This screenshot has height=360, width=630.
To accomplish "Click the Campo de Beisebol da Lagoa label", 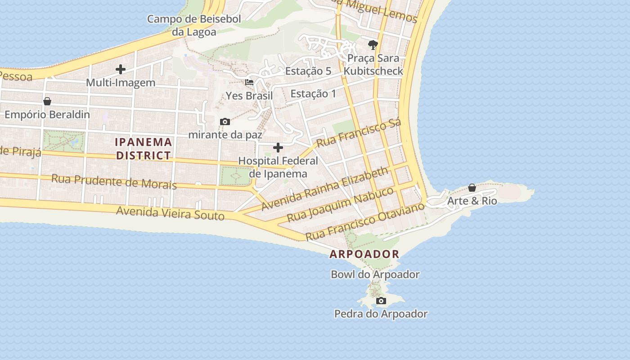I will tap(194, 25).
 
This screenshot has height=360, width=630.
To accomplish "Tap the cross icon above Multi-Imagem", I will tap(120, 69).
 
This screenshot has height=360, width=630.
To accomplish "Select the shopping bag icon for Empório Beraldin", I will tap(47, 101).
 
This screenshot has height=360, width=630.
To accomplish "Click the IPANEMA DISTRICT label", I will tap(144, 148).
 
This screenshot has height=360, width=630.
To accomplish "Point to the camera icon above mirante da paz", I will tap(225, 121).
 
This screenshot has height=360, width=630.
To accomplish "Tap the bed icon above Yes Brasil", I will tap(249, 82).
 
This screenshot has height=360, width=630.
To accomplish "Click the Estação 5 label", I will tap(308, 71).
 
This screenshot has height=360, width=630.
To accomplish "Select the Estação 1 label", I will tap(313, 94).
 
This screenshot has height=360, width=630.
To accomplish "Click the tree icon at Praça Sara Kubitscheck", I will tap(373, 45).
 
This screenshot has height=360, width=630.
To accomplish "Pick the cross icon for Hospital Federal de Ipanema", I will tap(278, 148).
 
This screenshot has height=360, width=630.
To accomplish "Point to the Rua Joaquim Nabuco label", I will tap(340, 205).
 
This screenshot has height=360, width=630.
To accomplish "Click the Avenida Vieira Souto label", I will tap(170, 212).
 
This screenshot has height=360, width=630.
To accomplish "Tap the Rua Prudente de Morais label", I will tap(114, 181).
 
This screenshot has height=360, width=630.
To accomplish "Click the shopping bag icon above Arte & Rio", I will tap(472, 188).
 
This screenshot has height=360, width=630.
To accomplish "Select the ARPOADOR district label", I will tap(364, 254).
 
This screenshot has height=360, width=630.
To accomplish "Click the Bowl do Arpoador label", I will tap(375, 274).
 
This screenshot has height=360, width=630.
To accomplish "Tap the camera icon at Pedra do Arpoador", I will tap(381, 301).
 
